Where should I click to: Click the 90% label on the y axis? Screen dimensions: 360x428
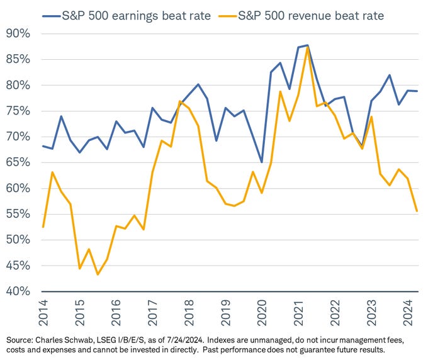(18, 33)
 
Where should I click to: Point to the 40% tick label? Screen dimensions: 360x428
(18, 291)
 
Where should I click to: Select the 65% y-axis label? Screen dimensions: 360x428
(18, 162)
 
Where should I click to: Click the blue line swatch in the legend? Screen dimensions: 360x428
(52, 14)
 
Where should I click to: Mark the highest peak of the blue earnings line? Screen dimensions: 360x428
(307, 45)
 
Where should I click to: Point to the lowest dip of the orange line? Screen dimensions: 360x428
(98, 274)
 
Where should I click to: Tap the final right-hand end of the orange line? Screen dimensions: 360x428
(416, 211)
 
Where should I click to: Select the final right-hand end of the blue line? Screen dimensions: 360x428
(416, 91)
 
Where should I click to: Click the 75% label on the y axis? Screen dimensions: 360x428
(18, 111)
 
